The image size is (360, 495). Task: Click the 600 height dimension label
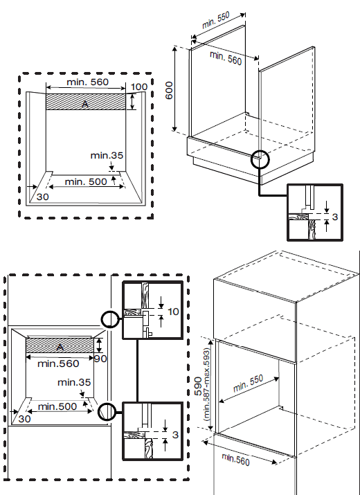(x=169, y=90)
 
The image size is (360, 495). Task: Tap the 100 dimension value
(x=139, y=87)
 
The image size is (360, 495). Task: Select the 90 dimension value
(x=100, y=359)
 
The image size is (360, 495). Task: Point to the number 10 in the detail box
(x=173, y=312)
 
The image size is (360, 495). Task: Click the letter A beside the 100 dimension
(x=85, y=104)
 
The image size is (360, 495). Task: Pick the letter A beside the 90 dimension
(x=60, y=348)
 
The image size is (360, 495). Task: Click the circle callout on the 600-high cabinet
(x=260, y=160)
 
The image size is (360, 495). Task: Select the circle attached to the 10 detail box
(x=110, y=319)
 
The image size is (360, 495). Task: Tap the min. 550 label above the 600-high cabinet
(x=216, y=20)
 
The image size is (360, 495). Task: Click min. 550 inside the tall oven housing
(x=249, y=384)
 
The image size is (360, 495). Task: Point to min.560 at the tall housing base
(x=235, y=459)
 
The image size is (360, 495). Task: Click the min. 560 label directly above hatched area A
(x=87, y=82)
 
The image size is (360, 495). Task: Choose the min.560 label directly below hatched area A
(x=58, y=363)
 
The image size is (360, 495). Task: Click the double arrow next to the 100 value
(x=133, y=101)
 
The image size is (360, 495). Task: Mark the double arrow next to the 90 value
(x=100, y=345)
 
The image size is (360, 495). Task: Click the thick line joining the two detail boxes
(x=137, y=370)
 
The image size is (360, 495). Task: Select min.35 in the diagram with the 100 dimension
(x=107, y=156)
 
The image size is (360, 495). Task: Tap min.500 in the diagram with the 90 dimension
(x=57, y=406)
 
